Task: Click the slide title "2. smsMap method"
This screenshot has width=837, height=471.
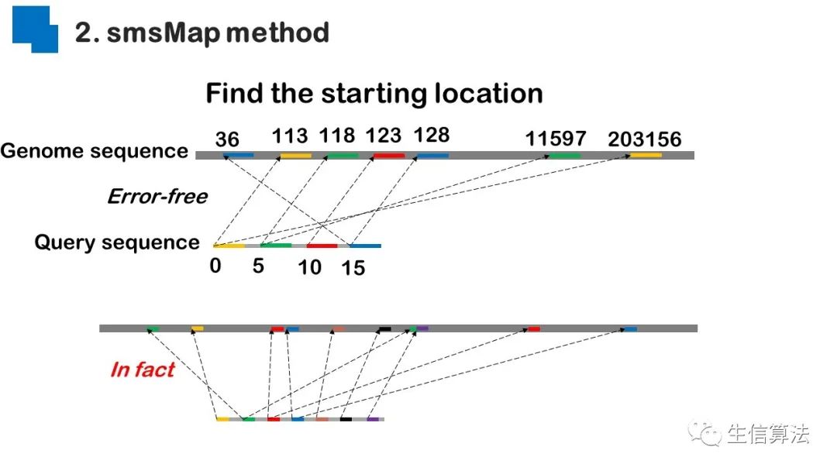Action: (x=202, y=33)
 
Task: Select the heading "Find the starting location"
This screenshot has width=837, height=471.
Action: (x=374, y=94)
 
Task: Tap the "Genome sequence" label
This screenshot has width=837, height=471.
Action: (x=94, y=151)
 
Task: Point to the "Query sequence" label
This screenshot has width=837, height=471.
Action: (x=117, y=242)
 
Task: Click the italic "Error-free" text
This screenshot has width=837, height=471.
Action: (x=157, y=197)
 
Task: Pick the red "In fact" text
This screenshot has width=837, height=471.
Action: (x=143, y=369)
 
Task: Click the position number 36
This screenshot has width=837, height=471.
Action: (x=227, y=139)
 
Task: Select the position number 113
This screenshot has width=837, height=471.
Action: (x=290, y=136)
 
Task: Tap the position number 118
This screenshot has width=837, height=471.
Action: (x=337, y=136)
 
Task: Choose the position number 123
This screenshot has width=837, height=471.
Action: (x=384, y=136)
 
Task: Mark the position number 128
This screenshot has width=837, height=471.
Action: (x=432, y=136)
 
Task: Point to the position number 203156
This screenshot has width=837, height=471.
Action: (x=645, y=139)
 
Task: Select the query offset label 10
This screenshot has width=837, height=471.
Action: (x=309, y=267)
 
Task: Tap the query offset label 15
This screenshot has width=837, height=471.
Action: (x=353, y=269)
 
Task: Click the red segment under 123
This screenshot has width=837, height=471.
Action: (x=389, y=156)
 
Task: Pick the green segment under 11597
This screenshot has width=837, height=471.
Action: (x=565, y=156)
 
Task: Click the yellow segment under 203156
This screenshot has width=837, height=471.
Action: (x=646, y=155)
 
